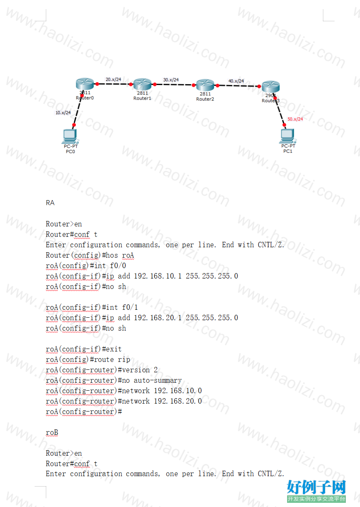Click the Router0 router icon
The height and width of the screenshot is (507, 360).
tap(85, 84)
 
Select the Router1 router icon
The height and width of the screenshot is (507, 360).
tap(142, 84)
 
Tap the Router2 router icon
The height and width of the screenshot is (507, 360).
tap(205, 85)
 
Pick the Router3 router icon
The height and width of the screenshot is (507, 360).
tap(271, 86)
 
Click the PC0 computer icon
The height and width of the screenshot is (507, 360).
tap(70, 136)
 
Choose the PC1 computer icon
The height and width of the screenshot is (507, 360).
tap(287, 136)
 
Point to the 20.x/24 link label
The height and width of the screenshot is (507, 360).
tap(113, 80)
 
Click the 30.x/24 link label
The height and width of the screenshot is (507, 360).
tap(171, 80)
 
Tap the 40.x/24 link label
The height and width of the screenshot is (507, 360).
tap(236, 81)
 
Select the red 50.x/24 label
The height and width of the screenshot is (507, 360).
tap(295, 119)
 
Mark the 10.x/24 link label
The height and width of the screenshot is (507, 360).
tap(63, 113)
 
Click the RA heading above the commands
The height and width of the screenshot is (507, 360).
tap(50, 203)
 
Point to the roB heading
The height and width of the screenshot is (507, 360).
tap(52, 432)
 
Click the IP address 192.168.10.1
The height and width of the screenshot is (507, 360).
tap(157, 276)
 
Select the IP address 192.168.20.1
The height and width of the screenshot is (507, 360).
tap(157, 318)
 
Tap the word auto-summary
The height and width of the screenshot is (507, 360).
tap(157, 381)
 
